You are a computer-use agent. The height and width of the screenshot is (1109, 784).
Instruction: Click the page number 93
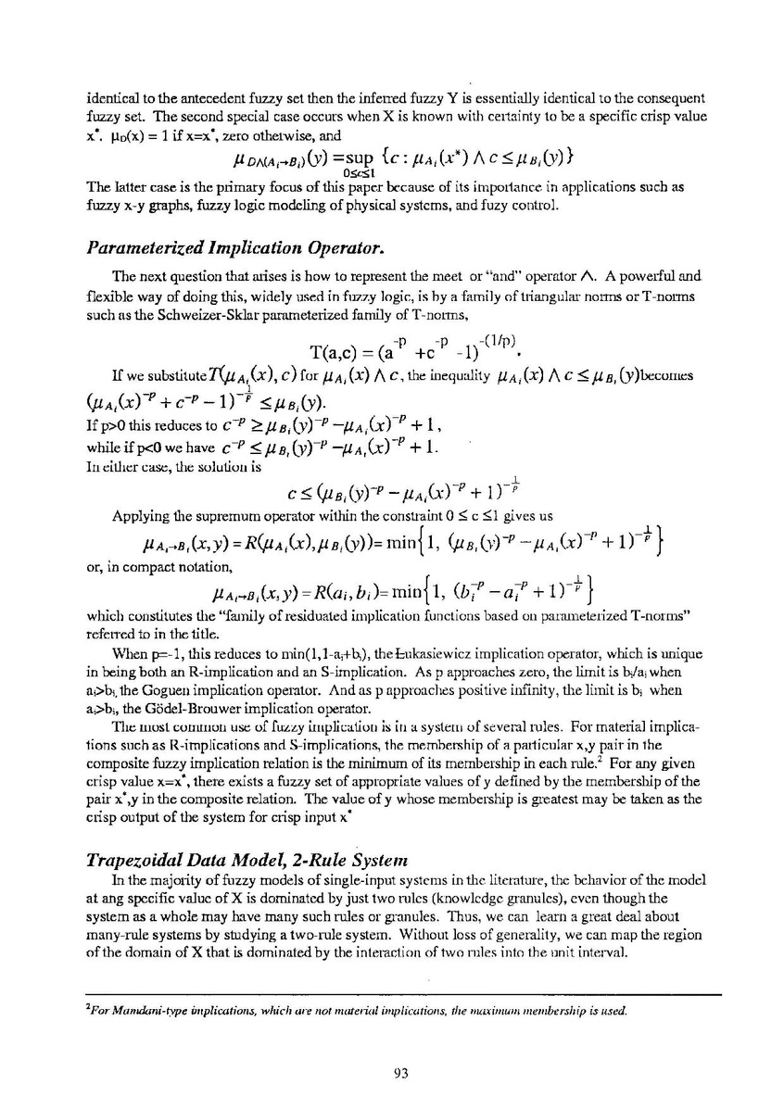pyautogui.click(x=401, y=1073)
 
